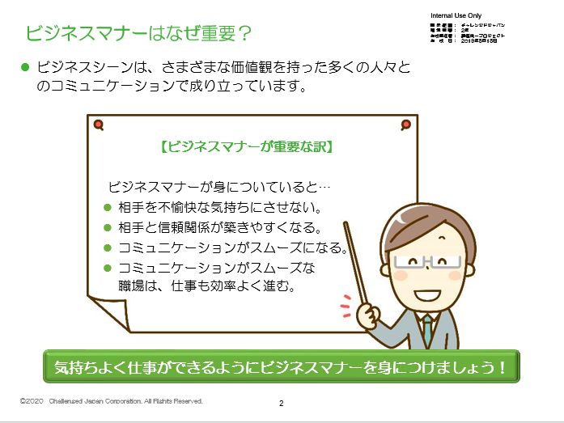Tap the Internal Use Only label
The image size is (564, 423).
tap(456, 16)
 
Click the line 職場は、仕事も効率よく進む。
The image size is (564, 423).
tap(205, 286)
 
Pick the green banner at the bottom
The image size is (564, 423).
tap(280, 366)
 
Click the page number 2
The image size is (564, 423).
tap(281, 403)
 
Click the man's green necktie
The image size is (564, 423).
tap(426, 331)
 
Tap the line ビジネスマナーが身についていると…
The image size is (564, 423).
tap(218, 186)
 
